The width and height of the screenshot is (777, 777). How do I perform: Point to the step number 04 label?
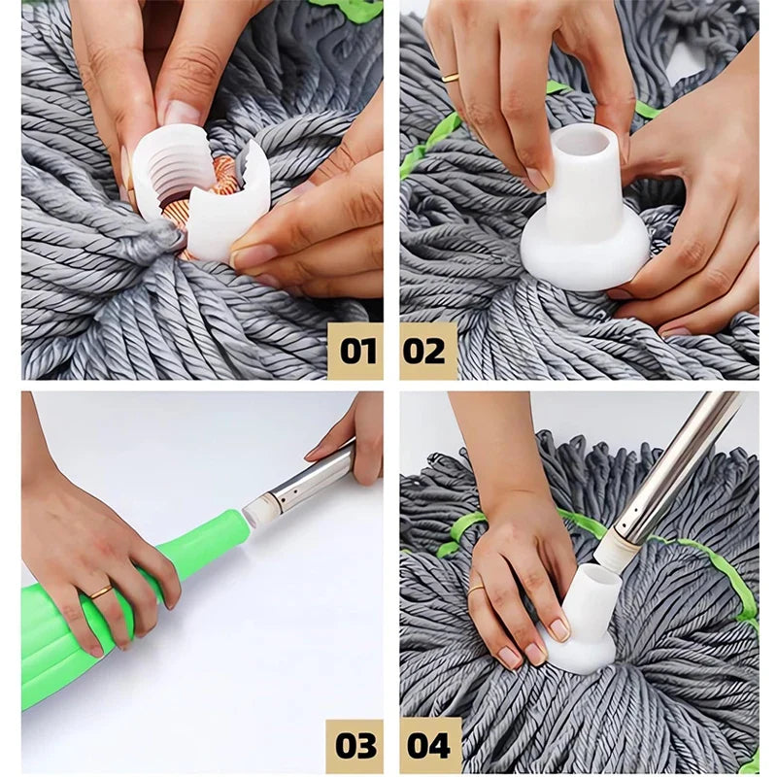tap(428, 746)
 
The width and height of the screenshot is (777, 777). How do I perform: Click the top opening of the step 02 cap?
tap(584, 143)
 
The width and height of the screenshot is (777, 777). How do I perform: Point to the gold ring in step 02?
tap(451, 77)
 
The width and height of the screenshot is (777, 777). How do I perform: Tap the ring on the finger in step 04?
tap(477, 588)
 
